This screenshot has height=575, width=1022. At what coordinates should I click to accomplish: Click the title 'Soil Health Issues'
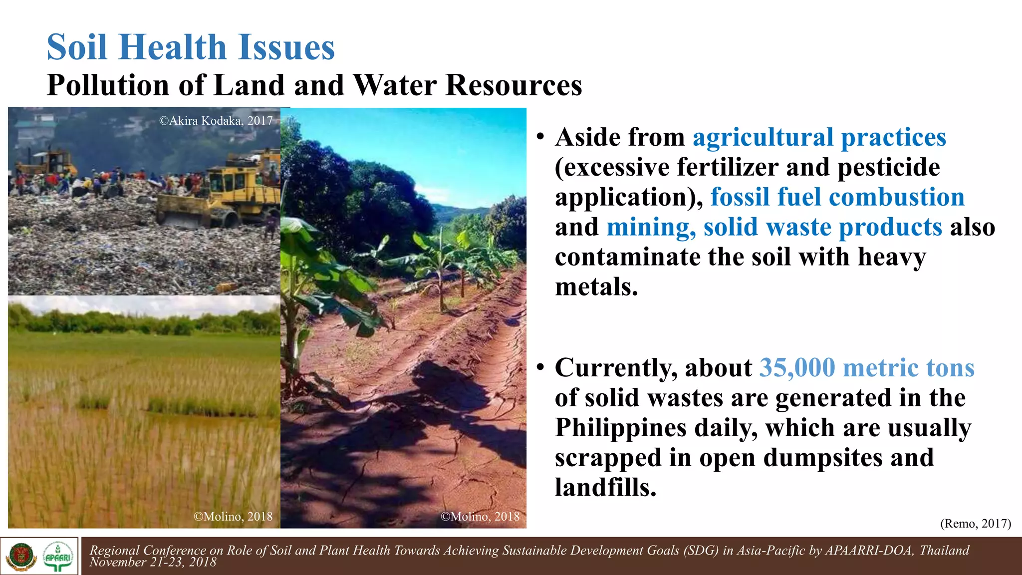[191, 47]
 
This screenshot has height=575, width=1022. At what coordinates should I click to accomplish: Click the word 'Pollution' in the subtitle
[107, 85]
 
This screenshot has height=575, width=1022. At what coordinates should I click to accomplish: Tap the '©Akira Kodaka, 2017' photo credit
[216, 121]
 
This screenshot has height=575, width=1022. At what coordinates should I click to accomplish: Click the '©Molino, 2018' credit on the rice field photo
[233, 516]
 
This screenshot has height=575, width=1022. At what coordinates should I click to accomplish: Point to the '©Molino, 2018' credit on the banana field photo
[480, 516]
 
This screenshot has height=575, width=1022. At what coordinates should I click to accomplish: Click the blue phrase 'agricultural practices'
[819, 137]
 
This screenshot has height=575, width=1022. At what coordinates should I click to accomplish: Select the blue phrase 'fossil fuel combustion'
[837, 197]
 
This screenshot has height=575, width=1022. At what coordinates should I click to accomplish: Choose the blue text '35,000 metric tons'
[866, 368]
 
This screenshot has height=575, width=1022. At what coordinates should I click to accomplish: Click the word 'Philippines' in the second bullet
[621, 428]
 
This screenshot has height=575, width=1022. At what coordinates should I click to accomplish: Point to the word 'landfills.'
[605, 488]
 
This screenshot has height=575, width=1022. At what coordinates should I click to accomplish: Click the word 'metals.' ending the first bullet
[596, 287]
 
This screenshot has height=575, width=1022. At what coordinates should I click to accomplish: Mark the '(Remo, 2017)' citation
[975, 523]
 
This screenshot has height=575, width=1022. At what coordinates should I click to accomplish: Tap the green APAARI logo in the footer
[58, 556]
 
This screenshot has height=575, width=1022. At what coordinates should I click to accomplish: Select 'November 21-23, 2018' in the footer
[153, 563]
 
